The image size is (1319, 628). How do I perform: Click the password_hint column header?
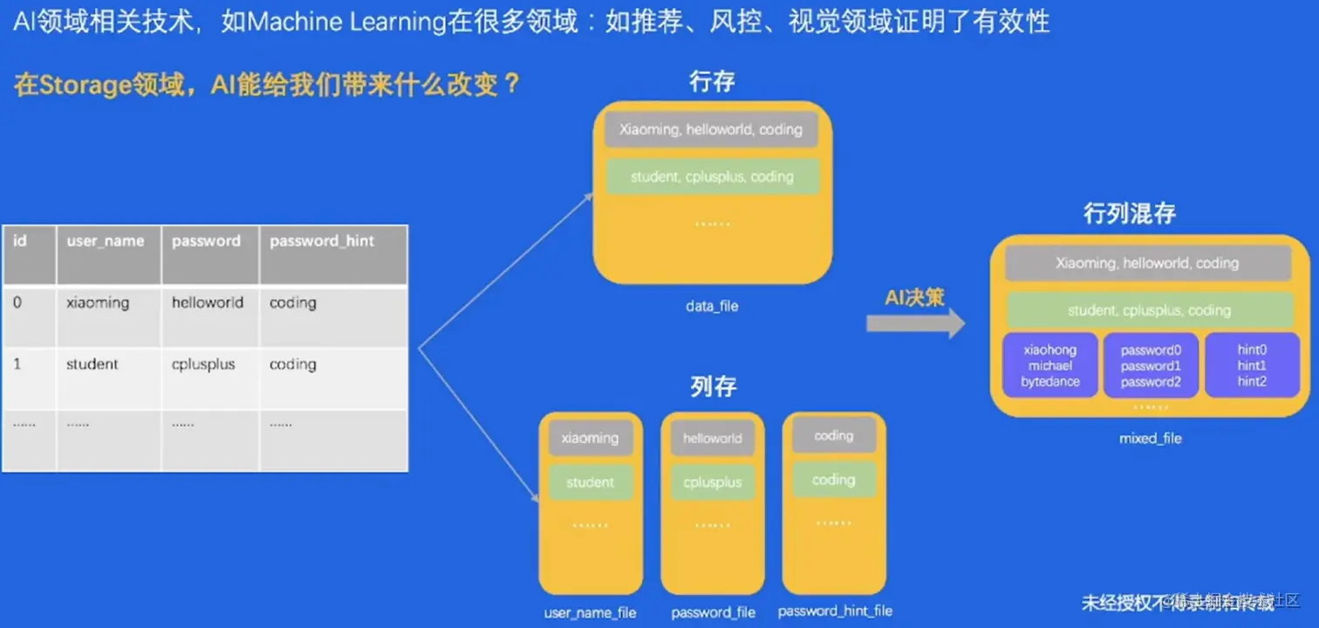coord(321,242)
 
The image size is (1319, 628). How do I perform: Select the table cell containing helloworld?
coord(208,303)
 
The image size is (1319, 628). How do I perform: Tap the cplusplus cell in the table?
coord(203,365)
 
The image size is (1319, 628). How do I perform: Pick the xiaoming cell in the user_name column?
coord(98,303)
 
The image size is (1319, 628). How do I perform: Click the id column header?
coord(19,241)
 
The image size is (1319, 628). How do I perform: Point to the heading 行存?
coord(712,82)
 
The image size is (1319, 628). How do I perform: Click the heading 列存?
coord(713,386)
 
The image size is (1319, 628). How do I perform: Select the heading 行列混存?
coord(1130,213)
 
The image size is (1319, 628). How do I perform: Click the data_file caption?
coord(712,306)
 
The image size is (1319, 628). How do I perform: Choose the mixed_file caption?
coord(1150,439)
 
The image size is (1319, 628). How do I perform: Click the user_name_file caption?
coord(590,613)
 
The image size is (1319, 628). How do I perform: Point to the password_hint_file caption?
coord(835,611)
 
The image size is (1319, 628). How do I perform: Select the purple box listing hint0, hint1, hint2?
coord(1252,365)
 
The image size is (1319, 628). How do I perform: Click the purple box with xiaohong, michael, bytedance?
coord(1050,365)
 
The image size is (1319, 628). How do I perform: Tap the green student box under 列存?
coord(591,482)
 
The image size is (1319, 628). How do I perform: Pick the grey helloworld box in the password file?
coord(712,439)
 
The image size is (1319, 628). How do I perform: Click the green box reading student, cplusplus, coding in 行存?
coord(712,177)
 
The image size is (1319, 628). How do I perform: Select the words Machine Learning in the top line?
coord(346,22)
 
